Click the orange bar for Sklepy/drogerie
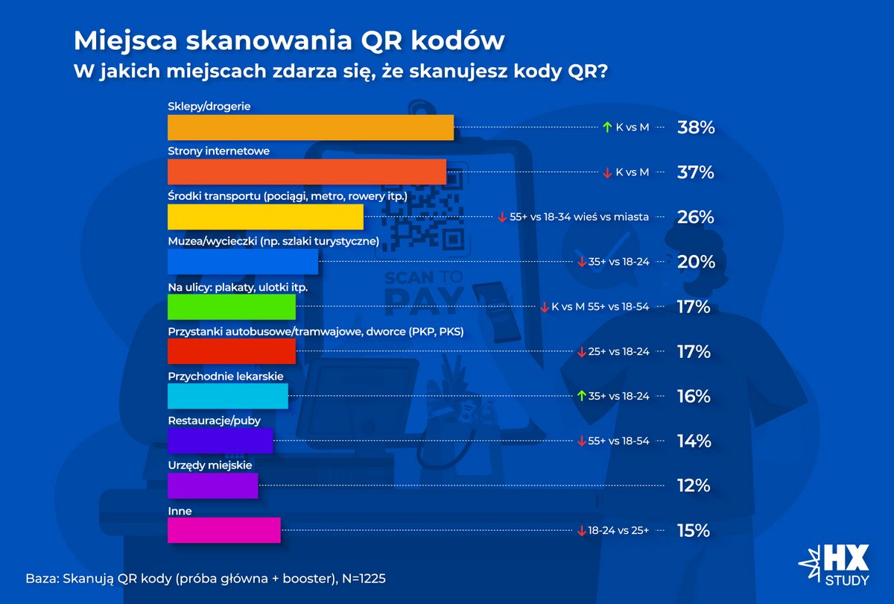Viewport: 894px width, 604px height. point(311,128)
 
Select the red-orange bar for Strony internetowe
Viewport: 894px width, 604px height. point(307,172)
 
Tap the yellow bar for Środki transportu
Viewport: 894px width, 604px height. point(265,217)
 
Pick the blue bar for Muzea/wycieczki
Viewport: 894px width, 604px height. point(243,262)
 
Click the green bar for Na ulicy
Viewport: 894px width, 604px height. point(232,306)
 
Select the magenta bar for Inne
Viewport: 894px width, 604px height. point(224,530)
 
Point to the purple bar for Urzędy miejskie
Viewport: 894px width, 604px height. point(213,485)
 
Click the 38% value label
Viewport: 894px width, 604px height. point(696,128)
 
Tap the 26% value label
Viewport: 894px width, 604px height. point(696,217)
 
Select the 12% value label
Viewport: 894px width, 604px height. point(694,485)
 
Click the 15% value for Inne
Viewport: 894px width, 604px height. point(694,530)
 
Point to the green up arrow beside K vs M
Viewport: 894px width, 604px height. point(607,128)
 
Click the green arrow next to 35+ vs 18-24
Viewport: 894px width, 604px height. point(582,396)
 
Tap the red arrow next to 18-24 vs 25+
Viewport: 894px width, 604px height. point(582,530)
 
